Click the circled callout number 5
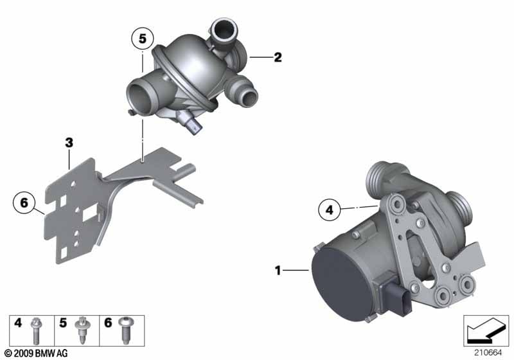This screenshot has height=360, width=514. tap(143, 39)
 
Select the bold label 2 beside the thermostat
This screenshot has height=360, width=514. tap(278, 57)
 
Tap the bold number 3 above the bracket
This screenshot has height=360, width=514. tap(69, 143)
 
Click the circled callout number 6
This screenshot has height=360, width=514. tap(24, 203)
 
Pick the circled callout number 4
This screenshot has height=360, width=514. tap(330, 210)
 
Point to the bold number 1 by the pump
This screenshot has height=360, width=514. tap(278, 271)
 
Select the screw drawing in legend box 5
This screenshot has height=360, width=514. tap(81, 330)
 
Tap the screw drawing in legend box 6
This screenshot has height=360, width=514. tap(125, 330)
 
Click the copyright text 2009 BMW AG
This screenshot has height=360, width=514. tap(37, 354)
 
